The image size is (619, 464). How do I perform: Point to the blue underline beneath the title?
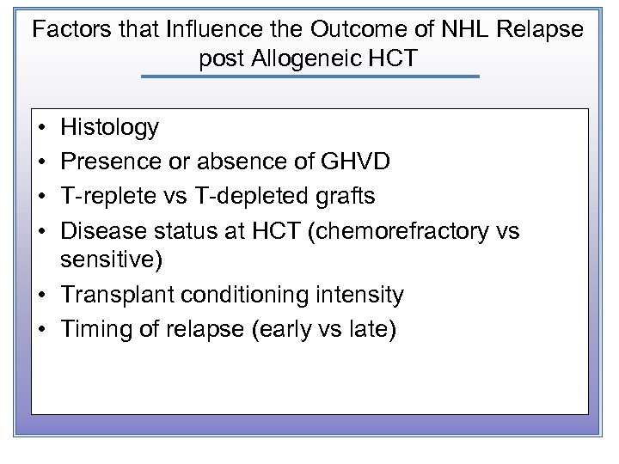click(309, 76)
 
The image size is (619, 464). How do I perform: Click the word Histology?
click(109, 128)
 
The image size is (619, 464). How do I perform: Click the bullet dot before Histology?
click(42, 129)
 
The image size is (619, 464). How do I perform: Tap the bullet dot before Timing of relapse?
click(42, 330)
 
